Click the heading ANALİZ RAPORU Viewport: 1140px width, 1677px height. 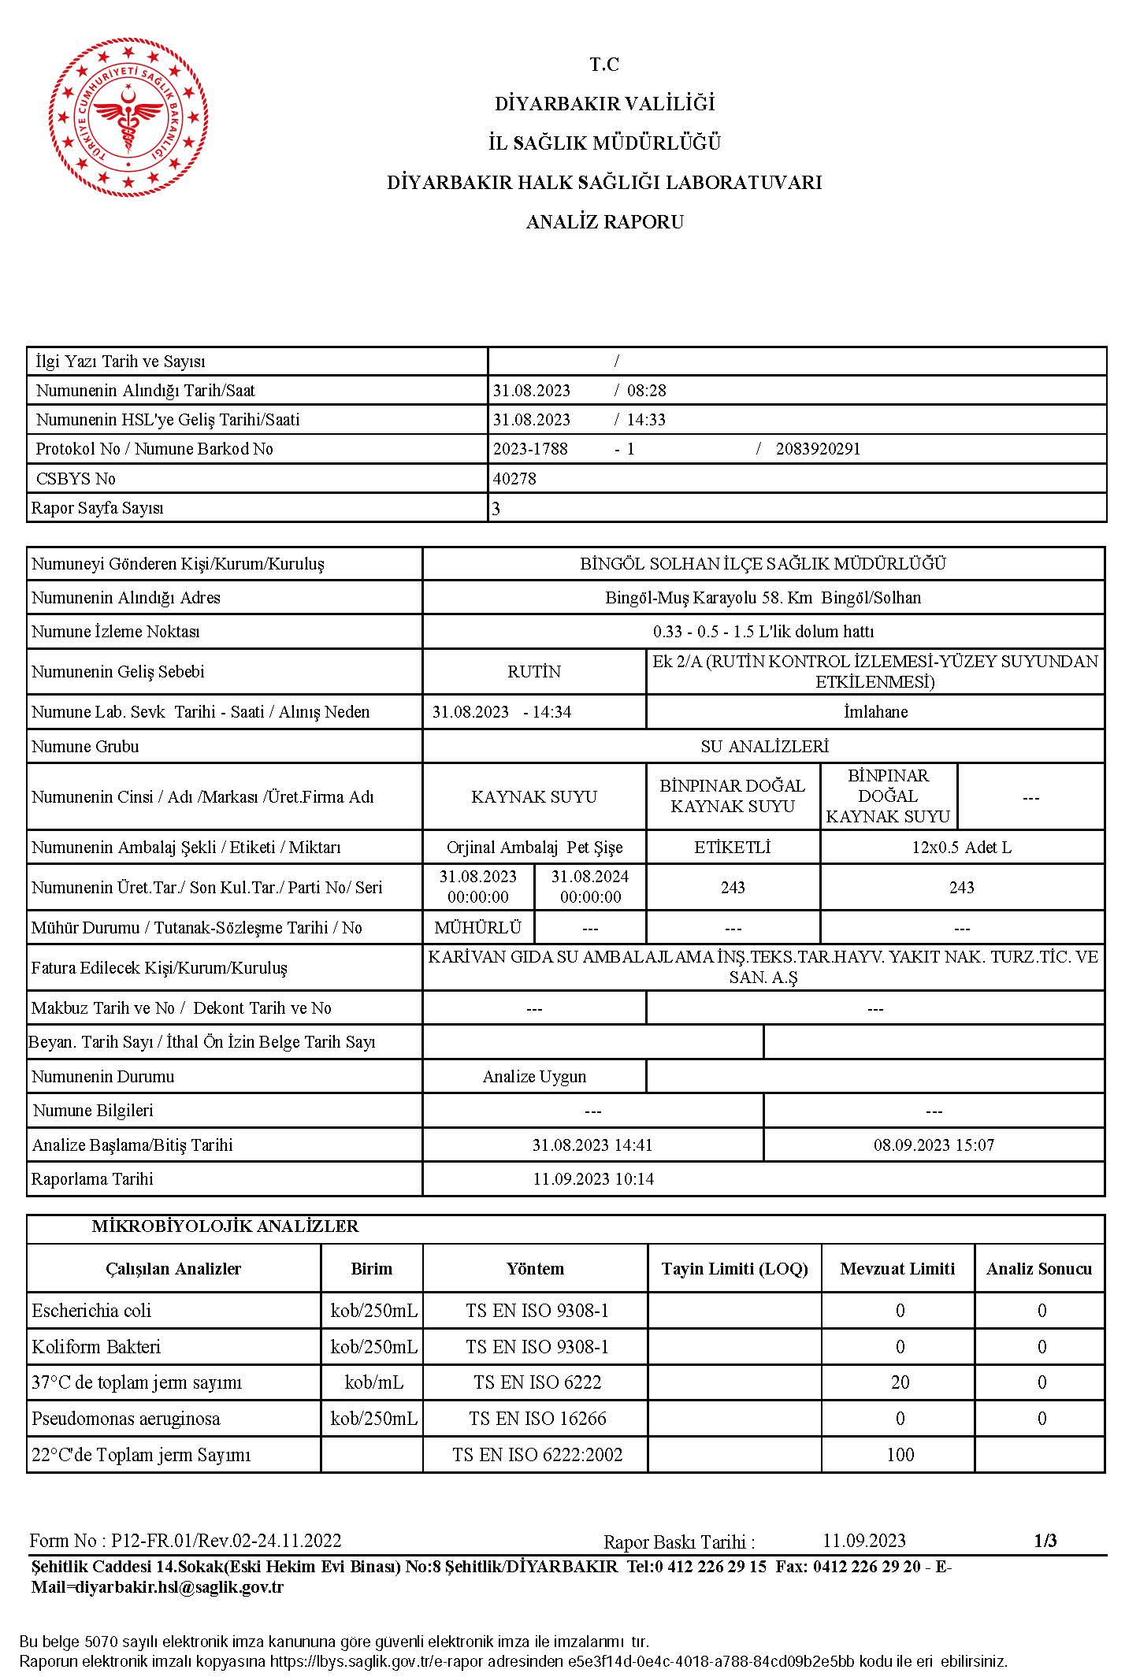pyautogui.click(x=604, y=222)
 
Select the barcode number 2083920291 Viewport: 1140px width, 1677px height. pyautogui.click(x=818, y=449)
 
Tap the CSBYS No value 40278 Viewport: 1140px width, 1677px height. pyautogui.click(x=514, y=479)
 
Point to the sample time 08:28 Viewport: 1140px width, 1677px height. pyautogui.click(x=646, y=391)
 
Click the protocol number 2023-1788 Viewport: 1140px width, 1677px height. pyautogui.click(x=530, y=449)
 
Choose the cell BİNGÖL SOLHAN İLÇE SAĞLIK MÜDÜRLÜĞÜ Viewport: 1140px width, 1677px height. pyautogui.click(x=763, y=564)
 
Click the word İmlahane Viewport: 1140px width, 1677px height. pyautogui.click(x=875, y=712)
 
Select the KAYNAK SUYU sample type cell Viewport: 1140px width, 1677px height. pyautogui.click(x=534, y=796)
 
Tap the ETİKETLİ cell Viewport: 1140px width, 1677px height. pyautogui.click(x=733, y=848)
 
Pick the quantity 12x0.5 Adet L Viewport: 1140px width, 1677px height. pyautogui.click(x=961, y=848)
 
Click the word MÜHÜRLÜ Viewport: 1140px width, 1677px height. pyautogui.click(x=478, y=928)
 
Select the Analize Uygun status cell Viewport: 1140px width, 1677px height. pyautogui.click(x=534, y=1077)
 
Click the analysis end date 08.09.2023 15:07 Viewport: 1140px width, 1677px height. pyautogui.click(x=934, y=1145)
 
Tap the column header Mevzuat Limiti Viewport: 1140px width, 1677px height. pyautogui.click(x=897, y=1269)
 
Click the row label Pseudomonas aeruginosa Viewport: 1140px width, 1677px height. pyautogui.click(x=126, y=1419)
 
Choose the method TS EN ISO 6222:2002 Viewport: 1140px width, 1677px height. pyautogui.click(x=537, y=1455)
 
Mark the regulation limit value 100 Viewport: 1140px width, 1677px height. pyautogui.click(x=900, y=1455)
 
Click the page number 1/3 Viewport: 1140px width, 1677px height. pyautogui.click(x=1045, y=1540)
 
